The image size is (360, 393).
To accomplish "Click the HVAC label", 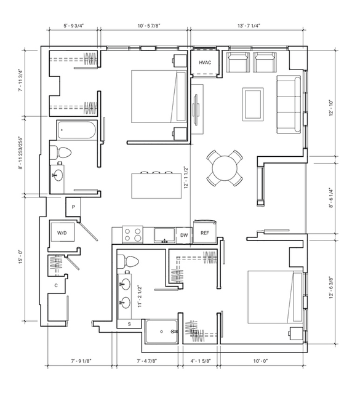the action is (x=205, y=63).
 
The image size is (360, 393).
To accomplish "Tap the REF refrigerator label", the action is (x=205, y=233).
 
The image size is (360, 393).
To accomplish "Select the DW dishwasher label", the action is (x=184, y=236).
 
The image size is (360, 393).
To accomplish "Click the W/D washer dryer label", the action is (x=62, y=233).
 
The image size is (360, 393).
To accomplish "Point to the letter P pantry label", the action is (x=73, y=207).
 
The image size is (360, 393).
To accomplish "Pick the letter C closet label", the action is (x=56, y=285).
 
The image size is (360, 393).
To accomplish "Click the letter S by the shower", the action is (x=129, y=324).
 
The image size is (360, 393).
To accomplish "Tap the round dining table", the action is (x=225, y=168).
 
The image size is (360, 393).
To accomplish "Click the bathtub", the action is (x=76, y=130).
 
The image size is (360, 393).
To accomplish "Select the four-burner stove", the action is (x=132, y=234).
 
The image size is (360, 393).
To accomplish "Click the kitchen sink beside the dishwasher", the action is (x=164, y=236).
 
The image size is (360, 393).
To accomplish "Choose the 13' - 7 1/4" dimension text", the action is (x=249, y=26).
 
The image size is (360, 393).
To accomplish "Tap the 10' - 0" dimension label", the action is (x=260, y=361).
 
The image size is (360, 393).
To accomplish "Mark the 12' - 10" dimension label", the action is (x=332, y=108).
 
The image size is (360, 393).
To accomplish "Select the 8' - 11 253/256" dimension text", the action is (x=20, y=153).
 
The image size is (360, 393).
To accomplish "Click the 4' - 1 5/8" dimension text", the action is (x=201, y=361).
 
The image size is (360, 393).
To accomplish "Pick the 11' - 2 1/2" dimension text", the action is (x=140, y=296).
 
